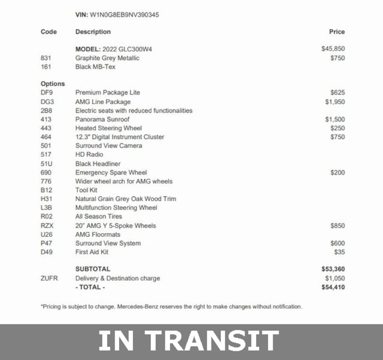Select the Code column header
tap(49, 32)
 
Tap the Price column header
tap(337, 32)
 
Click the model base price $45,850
tap(333, 49)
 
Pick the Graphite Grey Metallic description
tap(107, 58)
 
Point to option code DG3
tap(47, 102)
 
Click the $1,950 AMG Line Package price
tap(335, 102)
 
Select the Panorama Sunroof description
tap(102, 119)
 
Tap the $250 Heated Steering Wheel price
tap(337, 128)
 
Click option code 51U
tap(46, 164)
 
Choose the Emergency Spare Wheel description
tap(111, 173)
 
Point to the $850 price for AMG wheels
tap(337, 226)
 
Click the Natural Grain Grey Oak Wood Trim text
tap(126, 199)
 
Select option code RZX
tap(48, 226)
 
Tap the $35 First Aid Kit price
tap(339, 252)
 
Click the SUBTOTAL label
tap(93, 269)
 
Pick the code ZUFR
tap(49, 279)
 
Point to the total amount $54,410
tap(333, 287)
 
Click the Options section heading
tap(53, 84)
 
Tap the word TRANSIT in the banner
tap(212, 341)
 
